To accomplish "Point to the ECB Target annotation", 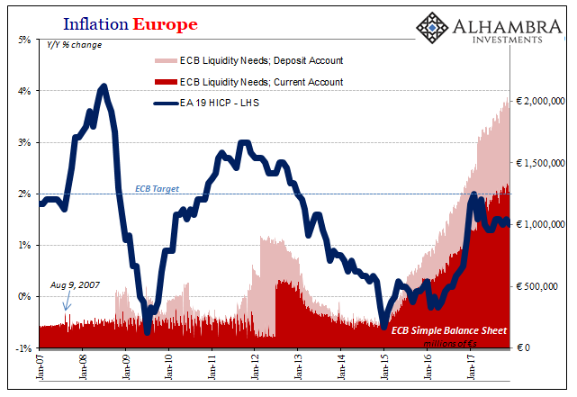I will coord(158,189).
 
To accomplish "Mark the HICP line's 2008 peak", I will coord(104,86).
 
